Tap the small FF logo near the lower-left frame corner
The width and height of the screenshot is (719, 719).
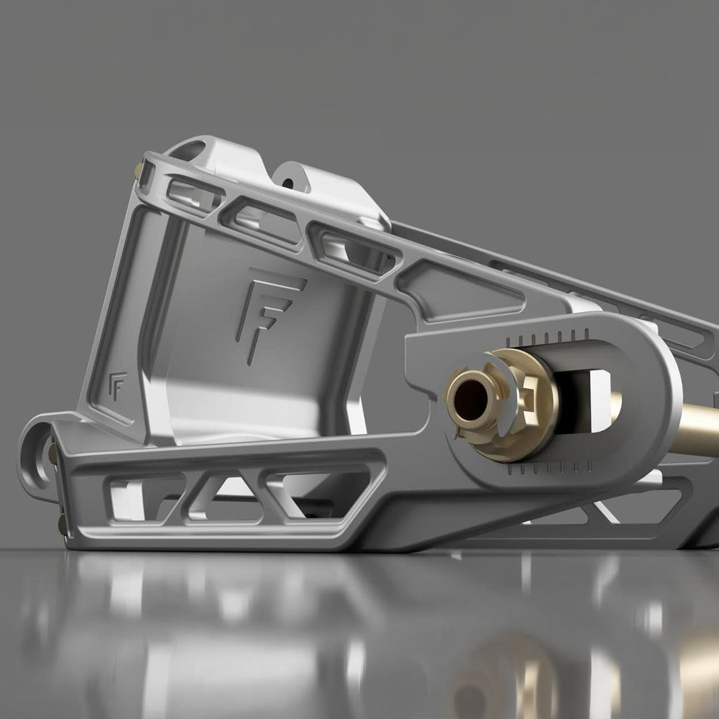[x=116, y=387]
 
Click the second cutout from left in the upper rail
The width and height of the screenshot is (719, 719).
[x=263, y=219]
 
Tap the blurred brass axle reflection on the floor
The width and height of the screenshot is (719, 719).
[x=506, y=672]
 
